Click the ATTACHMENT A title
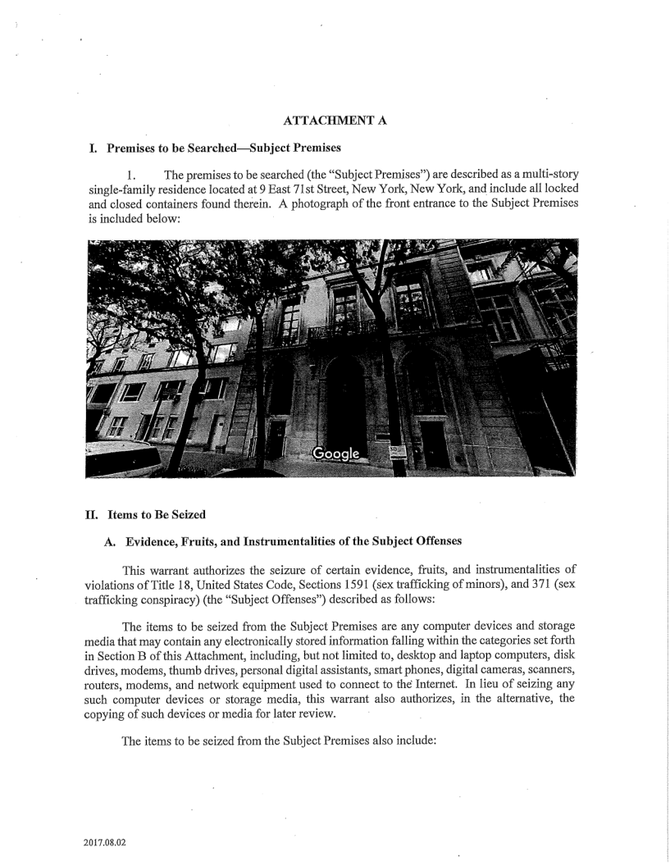coord(334,121)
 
